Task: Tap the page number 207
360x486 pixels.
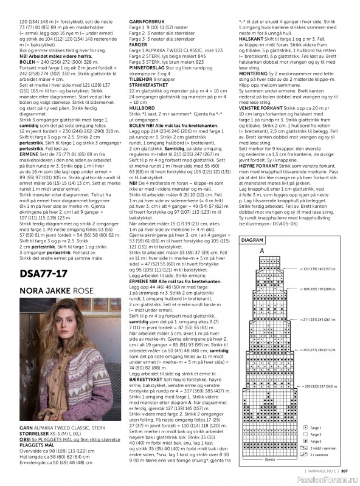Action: click(344, 470)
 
